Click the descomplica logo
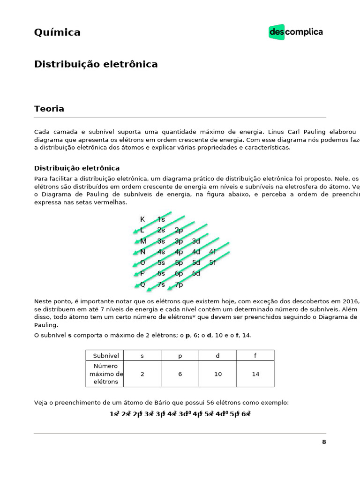coord(296,32)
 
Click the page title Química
coord(57,32)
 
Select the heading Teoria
coord(49,109)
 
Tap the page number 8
coord(324,442)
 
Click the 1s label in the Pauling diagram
coord(161,219)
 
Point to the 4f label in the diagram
coord(212,252)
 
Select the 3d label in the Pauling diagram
coord(196,241)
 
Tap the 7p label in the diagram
coord(179,285)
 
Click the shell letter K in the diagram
coord(142,219)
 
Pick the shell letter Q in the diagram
coord(142,285)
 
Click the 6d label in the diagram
coord(196,273)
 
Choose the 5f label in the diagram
coord(212,262)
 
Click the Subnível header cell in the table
coord(106,355)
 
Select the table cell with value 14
coord(255,374)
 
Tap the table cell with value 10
coord(218,374)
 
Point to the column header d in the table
coord(217,355)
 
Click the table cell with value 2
coord(142,374)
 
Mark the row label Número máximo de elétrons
coord(106,374)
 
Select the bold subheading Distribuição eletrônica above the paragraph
coord(77,168)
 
